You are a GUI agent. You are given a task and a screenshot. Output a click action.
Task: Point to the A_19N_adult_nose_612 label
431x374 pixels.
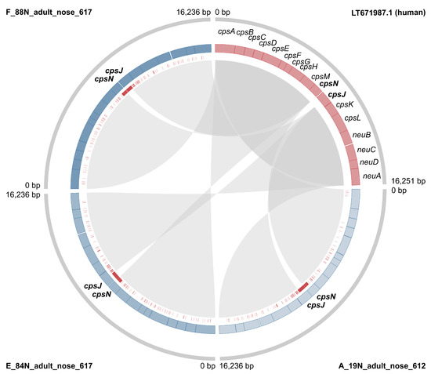[384, 365]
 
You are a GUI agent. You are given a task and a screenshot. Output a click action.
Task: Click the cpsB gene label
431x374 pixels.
[245, 33]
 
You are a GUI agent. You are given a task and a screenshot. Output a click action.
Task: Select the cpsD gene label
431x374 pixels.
[268, 42]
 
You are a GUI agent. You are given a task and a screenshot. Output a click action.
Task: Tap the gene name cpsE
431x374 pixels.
[281, 49]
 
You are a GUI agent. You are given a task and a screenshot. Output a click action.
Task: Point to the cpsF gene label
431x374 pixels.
[292, 56]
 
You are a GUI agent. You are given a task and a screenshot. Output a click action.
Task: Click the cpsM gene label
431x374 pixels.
[320, 76]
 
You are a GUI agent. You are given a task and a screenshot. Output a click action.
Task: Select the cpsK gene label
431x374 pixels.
[344, 104]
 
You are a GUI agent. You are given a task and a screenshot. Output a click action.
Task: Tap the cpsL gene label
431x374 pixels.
[353, 118]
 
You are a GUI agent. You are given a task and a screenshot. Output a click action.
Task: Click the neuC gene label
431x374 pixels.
[366, 149]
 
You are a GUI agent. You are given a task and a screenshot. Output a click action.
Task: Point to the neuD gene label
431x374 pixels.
[369, 162]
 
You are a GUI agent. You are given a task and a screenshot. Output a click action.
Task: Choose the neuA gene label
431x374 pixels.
[371, 176]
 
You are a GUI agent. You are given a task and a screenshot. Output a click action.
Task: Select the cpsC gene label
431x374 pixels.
[257, 37]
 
